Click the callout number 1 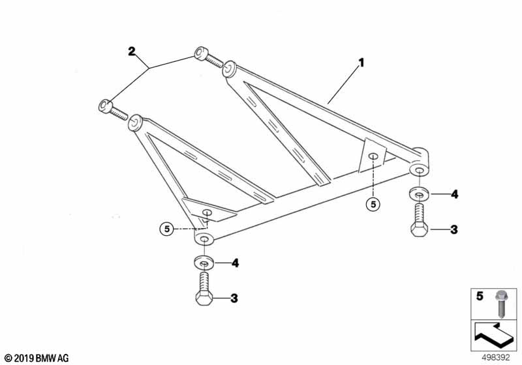[361, 63]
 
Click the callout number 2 [132, 51]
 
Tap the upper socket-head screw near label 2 [208, 57]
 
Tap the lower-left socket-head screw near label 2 [113, 110]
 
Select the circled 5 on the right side [373, 204]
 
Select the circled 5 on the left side [167, 229]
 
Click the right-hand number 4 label [454, 194]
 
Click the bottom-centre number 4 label [235, 263]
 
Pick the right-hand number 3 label [454, 229]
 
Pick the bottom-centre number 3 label [234, 298]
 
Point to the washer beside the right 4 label [418, 194]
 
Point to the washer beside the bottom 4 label [204, 262]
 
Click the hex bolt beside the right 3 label [419, 220]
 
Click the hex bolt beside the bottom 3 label [204, 289]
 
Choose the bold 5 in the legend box [480, 296]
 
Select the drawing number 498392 [496, 358]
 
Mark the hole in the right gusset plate [373, 156]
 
